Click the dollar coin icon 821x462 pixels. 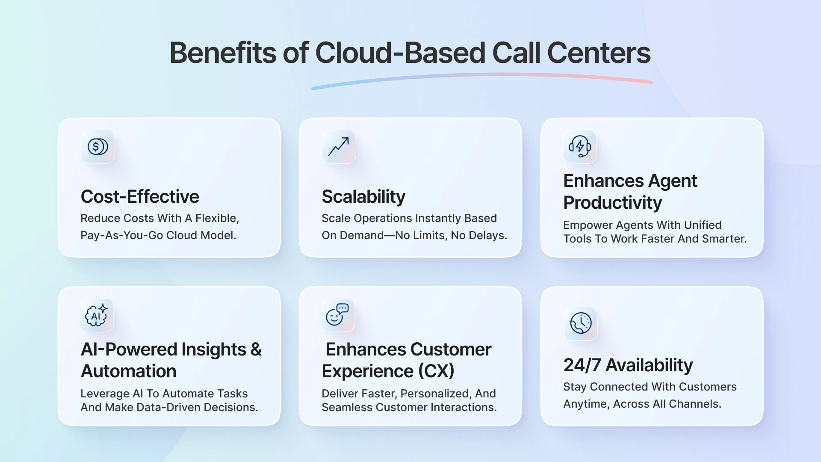pos(97,147)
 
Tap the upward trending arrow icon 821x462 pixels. pos(339,147)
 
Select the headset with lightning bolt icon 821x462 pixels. pos(580,147)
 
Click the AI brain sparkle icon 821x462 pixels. pos(97,316)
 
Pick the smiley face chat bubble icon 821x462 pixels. pos(338,315)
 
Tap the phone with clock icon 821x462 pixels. pos(581,323)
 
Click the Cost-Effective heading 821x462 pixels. pos(140,197)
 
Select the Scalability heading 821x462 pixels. pos(363,197)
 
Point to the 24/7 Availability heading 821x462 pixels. pos(628,365)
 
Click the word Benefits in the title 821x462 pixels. pos(222,53)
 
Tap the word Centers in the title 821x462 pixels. pos(599,53)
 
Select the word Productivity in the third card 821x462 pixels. pos(612,203)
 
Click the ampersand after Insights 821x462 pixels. pos(256,349)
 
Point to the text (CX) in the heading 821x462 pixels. pos(436,371)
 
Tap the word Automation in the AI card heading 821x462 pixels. pos(128,371)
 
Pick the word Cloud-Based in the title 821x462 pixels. pos(400,53)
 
